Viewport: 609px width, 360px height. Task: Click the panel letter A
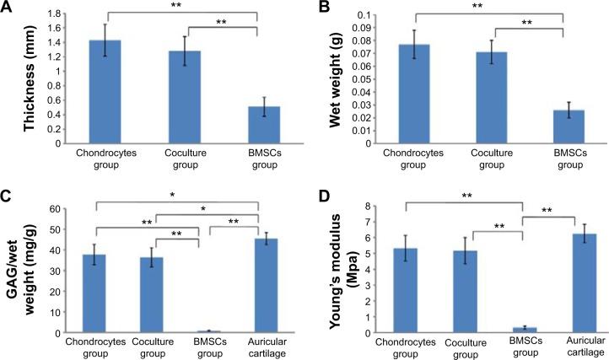[8, 8]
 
